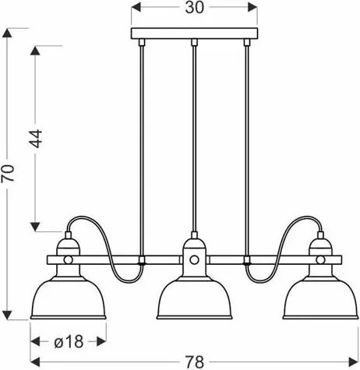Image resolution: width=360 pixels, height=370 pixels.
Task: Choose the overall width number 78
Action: [195, 360]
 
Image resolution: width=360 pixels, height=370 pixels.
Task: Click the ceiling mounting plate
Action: [194, 34]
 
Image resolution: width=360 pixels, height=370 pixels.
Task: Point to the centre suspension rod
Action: [194, 140]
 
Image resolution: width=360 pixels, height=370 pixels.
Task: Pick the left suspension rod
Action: [143, 140]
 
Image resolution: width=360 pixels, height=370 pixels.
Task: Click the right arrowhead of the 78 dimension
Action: [355, 360]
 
